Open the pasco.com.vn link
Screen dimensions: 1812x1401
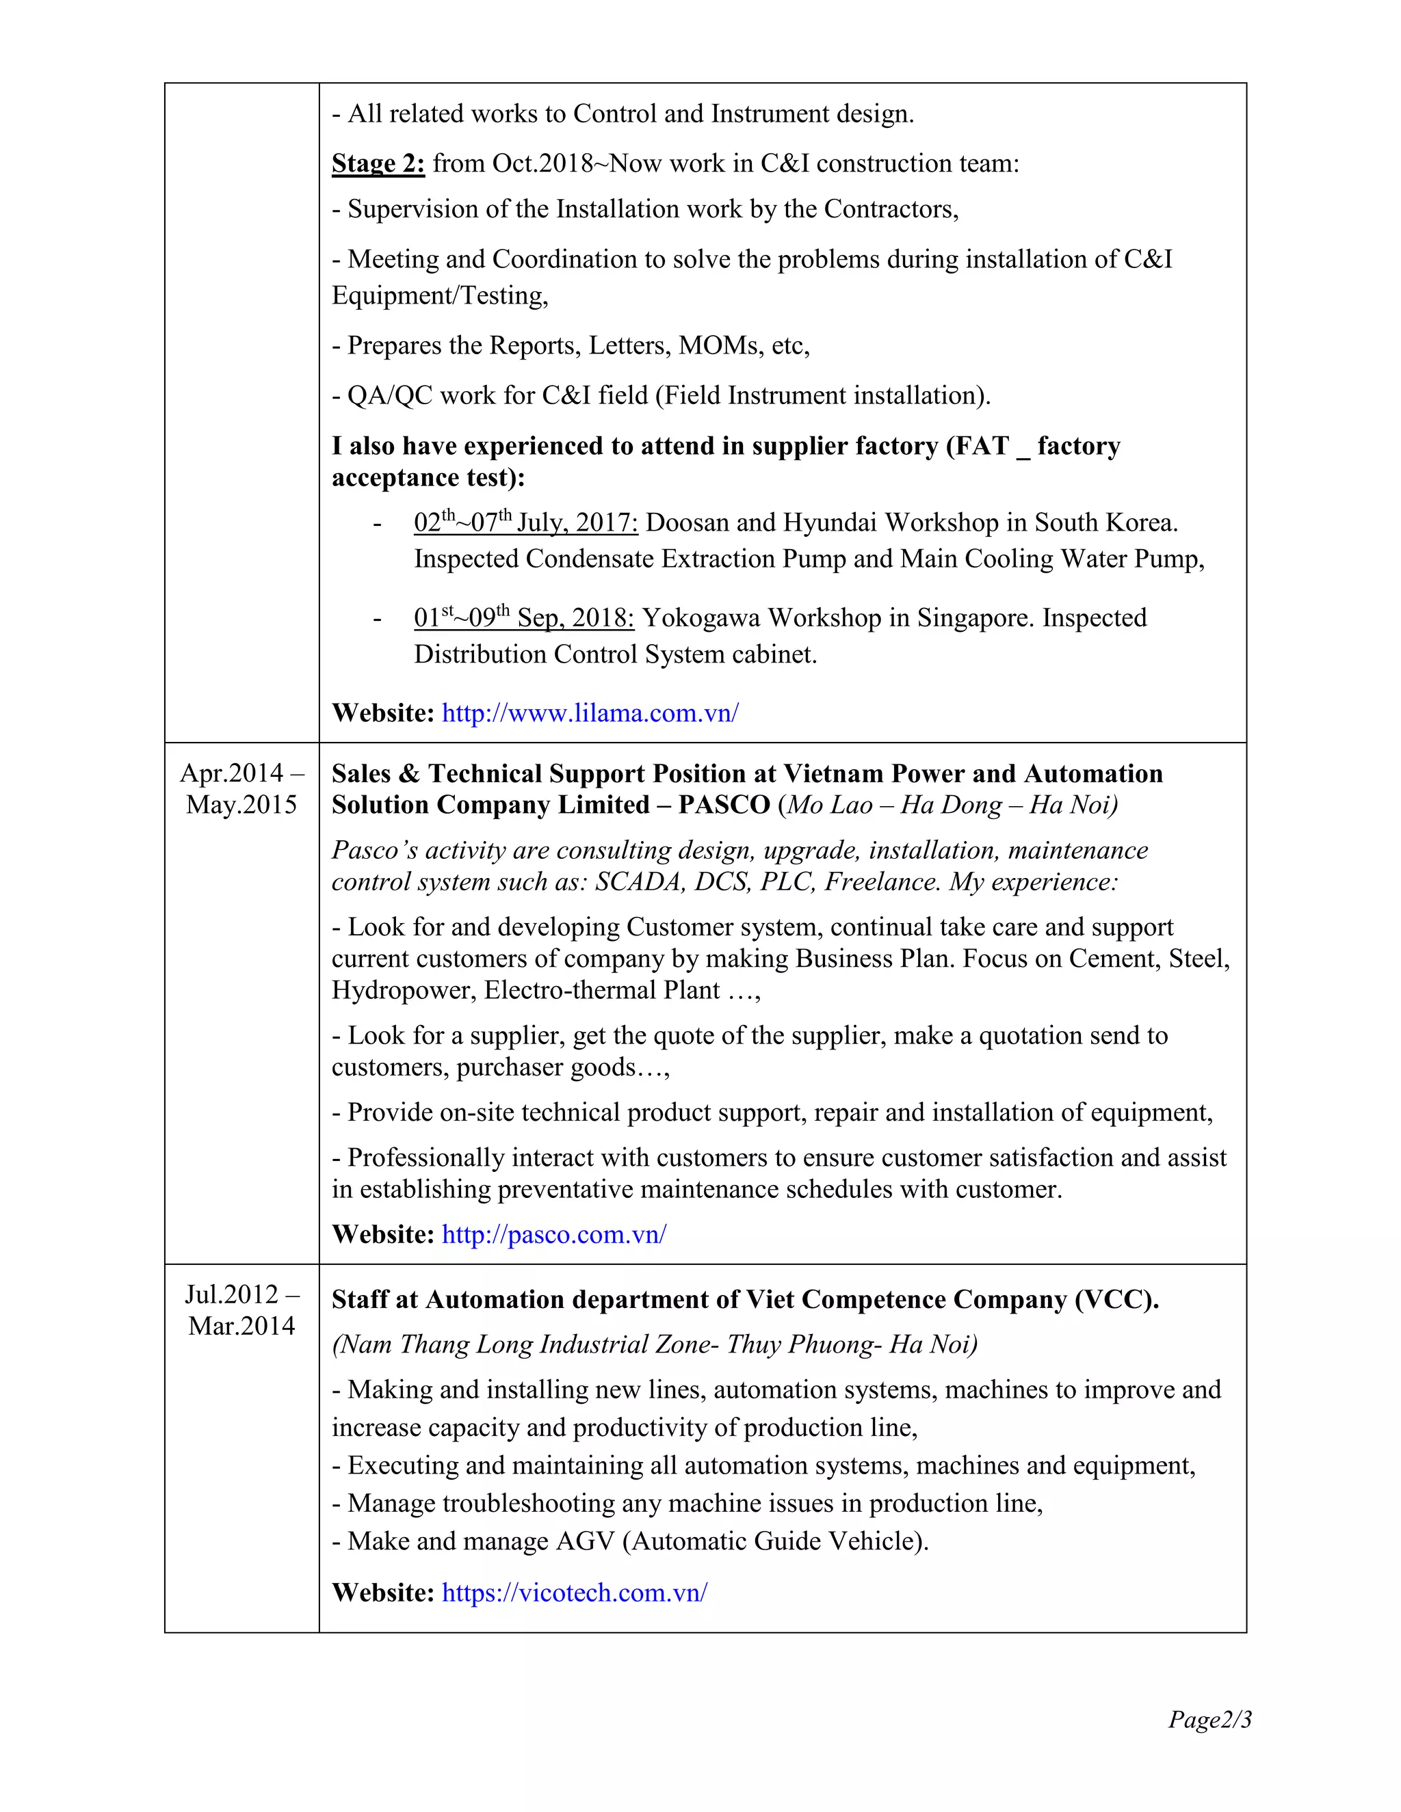pyautogui.click(x=553, y=1234)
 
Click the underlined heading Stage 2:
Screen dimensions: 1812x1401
pyautogui.click(x=378, y=163)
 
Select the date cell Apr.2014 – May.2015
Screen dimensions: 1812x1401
pyautogui.click(x=241, y=789)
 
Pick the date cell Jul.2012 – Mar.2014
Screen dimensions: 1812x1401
pyautogui.click(x=241, y=1310)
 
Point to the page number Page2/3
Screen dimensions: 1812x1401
pyautogui.click(x=1209, y=1719)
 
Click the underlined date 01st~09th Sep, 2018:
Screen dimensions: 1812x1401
pyautogui.click(x=524, y=618)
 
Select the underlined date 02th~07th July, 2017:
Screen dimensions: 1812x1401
pyautogui.click(x=525, y=522)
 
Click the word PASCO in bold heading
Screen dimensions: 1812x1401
pyautogui.click(x=724, y=805)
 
